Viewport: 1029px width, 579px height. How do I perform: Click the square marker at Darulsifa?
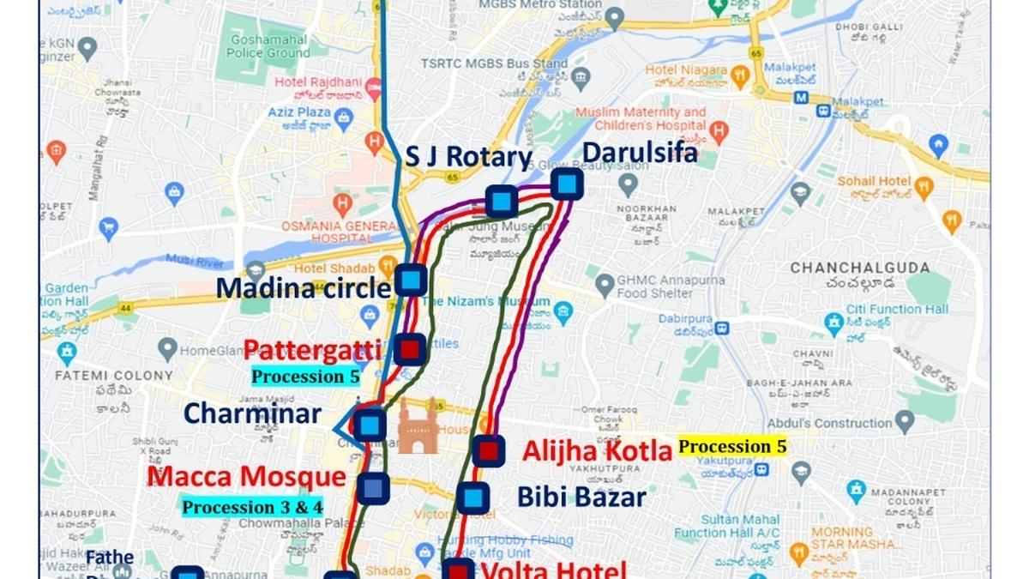pos(567,184)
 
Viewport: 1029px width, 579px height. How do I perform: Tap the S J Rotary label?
pos(468,157)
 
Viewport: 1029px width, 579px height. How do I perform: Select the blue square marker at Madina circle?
pos(412,280)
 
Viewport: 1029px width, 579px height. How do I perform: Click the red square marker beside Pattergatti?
pos(411,349)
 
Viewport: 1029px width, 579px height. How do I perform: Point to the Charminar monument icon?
pos(418,426)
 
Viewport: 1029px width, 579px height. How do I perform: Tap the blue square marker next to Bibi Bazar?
pos(472,498)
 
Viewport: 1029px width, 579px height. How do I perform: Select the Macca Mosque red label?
pos(246,477)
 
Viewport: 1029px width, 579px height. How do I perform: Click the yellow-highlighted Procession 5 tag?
pos(732,446)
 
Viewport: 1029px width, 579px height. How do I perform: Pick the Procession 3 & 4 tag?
pos(252,507)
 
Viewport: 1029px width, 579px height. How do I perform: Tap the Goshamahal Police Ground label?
pos(269,47)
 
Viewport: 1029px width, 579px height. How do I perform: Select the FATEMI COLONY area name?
pos(113,375)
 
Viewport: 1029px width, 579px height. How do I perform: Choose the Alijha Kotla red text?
pos(597,450)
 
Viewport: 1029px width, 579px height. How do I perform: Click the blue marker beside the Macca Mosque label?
pos(373,487)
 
